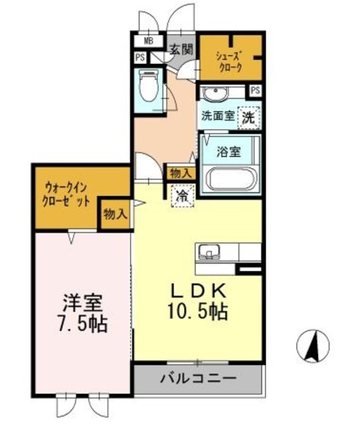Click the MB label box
click(148, 41)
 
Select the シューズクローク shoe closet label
click(228, 62)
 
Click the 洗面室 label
click(218, 116)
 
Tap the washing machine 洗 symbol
click(248, 117)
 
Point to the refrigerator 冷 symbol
click(181, 196)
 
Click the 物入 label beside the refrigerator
click(181, 173)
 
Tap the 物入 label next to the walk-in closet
click(115, 215)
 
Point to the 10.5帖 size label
click(198, 310)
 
